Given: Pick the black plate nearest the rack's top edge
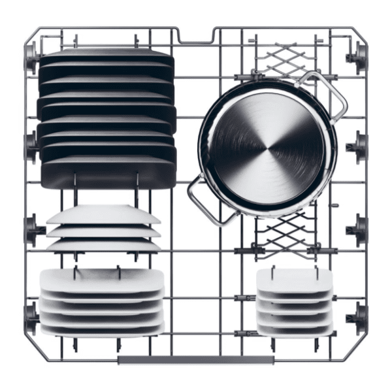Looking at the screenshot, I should [x=106, y=58].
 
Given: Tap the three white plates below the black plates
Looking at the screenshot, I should [x=103, y=229].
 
